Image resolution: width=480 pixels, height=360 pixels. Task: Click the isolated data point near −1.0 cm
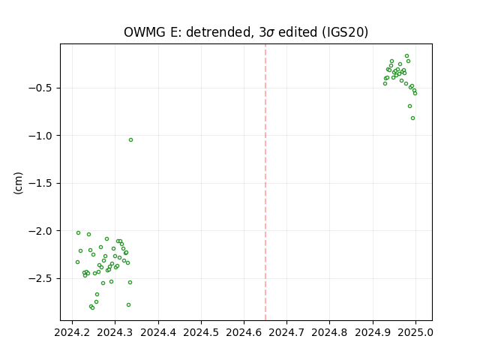(x=130, y=140)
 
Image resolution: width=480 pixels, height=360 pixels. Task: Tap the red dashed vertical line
(x=265, y=182)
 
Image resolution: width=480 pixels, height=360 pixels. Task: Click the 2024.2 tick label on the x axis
(x=72, y=332)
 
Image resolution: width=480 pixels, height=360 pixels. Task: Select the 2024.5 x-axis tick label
(x=201, y=332)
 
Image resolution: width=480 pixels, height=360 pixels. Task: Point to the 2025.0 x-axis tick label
(x=415, y=332)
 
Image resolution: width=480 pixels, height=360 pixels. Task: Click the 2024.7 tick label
(x=286, y=332)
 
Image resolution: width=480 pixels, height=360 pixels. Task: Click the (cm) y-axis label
(x=18, y=183)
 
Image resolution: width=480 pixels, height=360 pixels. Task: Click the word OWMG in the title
(x=144, y=32)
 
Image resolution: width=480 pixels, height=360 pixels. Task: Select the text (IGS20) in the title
(x=345, y=32)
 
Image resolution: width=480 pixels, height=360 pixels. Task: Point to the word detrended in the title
(x=218, y=32)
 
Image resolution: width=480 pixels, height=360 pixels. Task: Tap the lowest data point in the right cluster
(x=412, y=118)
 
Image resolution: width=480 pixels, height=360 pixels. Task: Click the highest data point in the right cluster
(x=406, y=56)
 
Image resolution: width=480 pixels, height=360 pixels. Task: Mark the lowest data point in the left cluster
(x=92, y=307)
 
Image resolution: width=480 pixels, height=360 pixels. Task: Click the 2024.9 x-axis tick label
(x=373, y=332)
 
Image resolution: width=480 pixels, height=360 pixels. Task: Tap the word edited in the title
(x=298, y=32)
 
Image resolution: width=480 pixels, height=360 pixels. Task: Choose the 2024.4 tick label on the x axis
(x=158, y=332)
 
